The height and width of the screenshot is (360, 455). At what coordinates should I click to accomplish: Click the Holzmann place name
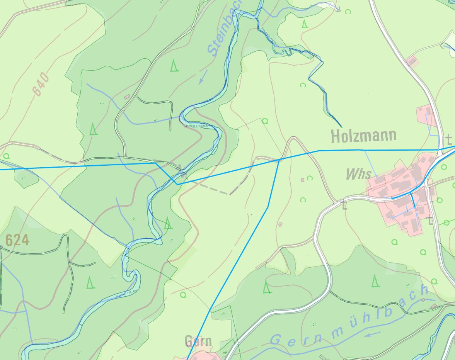tap(363, 136)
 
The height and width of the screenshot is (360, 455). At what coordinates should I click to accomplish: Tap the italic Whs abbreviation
tap(358, 174)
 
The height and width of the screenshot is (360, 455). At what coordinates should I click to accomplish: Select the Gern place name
tap(198, 341)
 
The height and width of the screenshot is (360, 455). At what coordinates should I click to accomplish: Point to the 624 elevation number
tap(17, 240)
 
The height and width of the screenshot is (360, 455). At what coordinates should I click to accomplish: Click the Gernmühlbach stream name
tap(348, 317)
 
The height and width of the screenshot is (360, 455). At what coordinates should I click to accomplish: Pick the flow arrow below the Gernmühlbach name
tap(372, 333)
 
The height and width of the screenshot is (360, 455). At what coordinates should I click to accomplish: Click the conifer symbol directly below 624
tap(90, 282)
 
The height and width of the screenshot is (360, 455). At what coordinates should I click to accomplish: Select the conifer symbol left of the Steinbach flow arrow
tap(174, 66)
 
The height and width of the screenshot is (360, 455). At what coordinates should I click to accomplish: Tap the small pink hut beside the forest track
tap(127, 97)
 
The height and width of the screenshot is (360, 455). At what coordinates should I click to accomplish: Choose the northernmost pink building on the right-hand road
tap(411, 61)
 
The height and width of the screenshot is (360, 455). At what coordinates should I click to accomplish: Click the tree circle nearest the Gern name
tap(183, 295)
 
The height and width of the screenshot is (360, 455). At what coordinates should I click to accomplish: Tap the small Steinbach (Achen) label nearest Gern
tap(127, 294)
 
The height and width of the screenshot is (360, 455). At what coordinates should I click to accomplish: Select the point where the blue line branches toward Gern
tap(279, 159)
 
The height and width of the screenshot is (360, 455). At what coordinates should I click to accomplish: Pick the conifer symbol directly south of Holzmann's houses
tap(375, 281)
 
